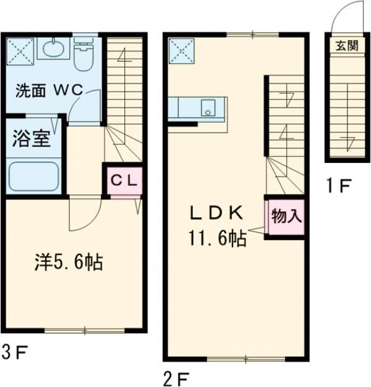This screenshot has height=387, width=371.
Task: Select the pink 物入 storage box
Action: (x=286, y=216)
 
